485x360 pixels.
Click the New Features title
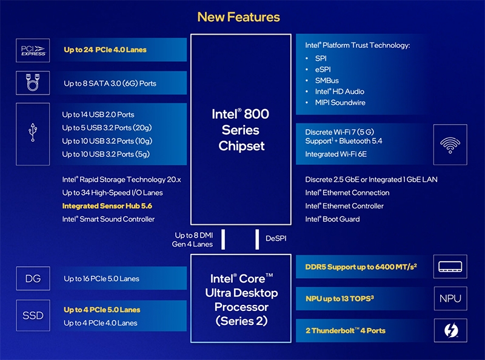(238, 17)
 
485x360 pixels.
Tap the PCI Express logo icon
(33, 50)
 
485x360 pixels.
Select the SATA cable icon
(33, 82)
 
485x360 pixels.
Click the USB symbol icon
(33, 134)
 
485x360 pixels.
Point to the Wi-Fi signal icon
(450, 144)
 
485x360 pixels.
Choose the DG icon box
(33, 279)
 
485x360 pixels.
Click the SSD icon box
(33, 316)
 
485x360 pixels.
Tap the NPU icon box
(450, 298)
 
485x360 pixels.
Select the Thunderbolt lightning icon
(450, 331)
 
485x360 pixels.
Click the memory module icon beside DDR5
(450, 267)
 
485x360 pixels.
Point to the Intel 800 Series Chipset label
(240, 130)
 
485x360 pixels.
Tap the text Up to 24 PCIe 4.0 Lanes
(105, 50)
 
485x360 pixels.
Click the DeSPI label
(276, 239)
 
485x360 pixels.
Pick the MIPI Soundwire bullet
(339, 102)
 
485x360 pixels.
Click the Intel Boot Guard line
(332, 219)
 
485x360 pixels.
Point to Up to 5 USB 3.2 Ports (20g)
(107, 127)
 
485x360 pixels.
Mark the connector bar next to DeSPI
(257, 239)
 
